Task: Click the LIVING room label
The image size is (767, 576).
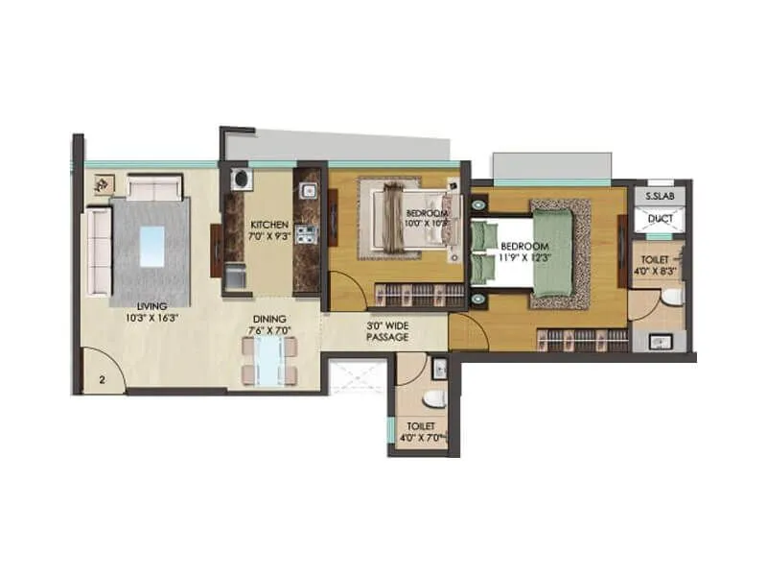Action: click(151, 306)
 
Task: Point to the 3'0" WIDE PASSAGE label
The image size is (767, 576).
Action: click(388, 331)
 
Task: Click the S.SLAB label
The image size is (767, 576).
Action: click(659, 196)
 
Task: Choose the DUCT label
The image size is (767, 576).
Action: click(660, 219)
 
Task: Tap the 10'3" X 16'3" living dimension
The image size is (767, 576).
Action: click(151, 318)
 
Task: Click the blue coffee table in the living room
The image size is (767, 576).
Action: click(151, 246)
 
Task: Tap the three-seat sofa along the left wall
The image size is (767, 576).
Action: click(98, 252)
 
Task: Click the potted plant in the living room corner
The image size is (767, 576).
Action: click(99, 182)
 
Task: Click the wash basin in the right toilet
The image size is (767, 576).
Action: click(658, 340)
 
